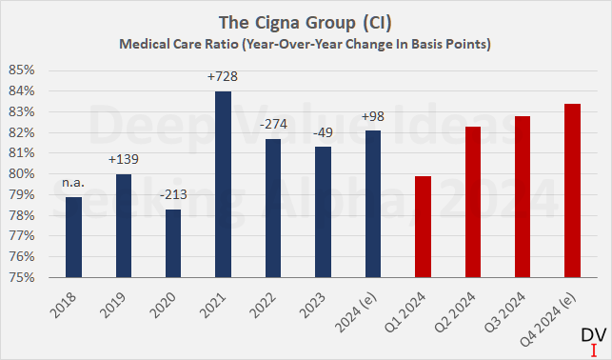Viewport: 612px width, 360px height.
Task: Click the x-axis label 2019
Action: (114, 304)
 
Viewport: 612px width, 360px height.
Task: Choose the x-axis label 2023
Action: (312, 304)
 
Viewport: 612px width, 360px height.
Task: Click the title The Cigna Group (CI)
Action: (305, 22)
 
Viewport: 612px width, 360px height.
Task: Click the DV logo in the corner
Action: (591, 338)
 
